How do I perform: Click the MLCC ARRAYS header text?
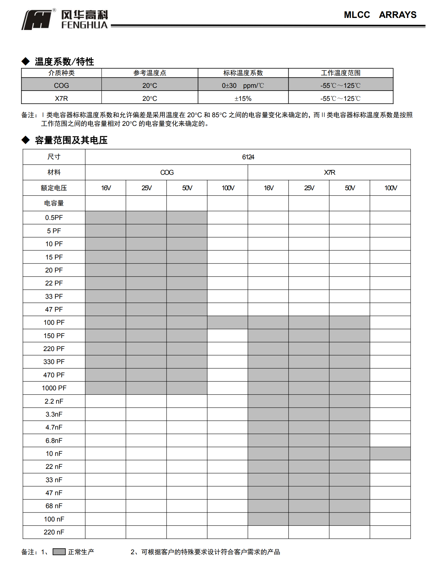380,15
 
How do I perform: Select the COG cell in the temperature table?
61,85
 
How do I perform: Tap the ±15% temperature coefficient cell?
243,98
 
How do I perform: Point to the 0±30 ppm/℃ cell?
243,85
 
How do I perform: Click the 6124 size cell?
248,157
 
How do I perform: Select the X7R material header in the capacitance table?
329,173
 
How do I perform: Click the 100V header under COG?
228,188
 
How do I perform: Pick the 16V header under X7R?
268,188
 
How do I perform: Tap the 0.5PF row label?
54,218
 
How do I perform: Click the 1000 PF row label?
54,388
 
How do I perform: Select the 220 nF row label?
54,532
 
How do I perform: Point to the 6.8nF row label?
54,441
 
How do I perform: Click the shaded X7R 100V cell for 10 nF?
390,454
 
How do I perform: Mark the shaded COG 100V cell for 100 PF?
228,323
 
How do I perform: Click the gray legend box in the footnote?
59,552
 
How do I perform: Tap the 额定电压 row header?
54,188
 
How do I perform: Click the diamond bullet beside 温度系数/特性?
26,61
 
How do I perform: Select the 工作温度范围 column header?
341,73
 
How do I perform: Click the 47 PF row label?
54,310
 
